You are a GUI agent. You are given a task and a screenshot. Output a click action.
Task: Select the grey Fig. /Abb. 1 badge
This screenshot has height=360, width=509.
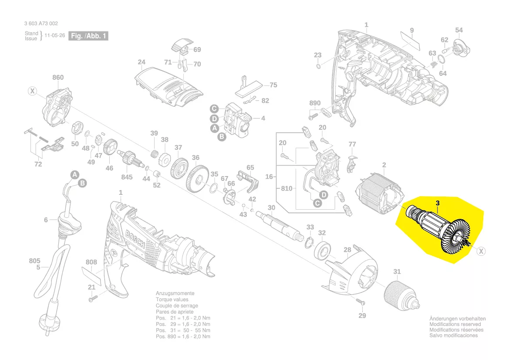tap(88, 36)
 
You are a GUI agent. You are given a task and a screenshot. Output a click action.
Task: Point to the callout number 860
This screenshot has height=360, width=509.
tap(58, 78)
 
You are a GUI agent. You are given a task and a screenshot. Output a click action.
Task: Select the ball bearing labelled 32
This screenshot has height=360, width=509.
tap(323, 251)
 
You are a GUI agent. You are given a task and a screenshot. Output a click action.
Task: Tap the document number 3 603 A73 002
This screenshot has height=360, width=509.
tap(41, 24)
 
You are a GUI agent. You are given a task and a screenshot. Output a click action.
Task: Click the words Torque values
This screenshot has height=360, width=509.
tap(172, 300)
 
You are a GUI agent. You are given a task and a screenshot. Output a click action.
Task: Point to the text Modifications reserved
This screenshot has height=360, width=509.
tap(455, 324)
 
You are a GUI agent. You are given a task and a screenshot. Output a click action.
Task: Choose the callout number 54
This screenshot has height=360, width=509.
tap(459, 30)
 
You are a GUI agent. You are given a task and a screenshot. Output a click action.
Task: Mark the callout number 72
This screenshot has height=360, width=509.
tap(38, 164)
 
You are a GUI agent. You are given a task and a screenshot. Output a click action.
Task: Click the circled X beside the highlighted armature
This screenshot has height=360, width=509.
tap(481, 251)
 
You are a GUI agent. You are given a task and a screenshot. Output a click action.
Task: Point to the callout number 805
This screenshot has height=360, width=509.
tap(35, 261)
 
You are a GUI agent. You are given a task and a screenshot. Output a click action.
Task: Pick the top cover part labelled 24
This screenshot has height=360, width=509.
tap(168, 85)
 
